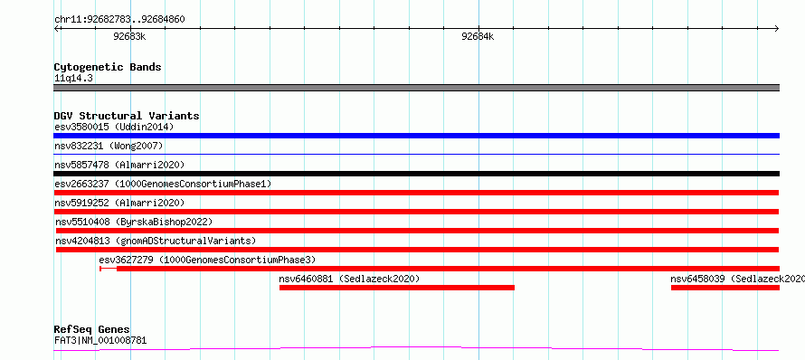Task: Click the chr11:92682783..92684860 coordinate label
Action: coord(119,20)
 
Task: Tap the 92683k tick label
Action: coord(129,36)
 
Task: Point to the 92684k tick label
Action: coord(478,36)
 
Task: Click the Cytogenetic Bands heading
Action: coord(108,67)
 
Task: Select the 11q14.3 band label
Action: coord(73,79)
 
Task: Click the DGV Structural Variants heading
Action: coord(127,116)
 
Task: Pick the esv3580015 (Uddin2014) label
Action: coord(114,127)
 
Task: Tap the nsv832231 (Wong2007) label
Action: coord(109,147)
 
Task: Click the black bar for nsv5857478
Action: coord(416,174)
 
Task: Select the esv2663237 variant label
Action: coord(163,184)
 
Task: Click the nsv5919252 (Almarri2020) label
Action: coord(119,203)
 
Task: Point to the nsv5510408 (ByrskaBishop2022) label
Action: coord(134,222)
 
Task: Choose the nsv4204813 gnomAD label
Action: coord(156,241)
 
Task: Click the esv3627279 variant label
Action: coord(207,260)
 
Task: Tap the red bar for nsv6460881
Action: coord(397,288)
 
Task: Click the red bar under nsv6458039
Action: coord(724,288)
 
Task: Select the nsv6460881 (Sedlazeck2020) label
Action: coord(350,279)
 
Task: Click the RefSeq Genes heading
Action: coord(92,329)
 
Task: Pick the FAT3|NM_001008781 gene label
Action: coord(100,340)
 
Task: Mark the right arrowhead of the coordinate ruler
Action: coord(777,29)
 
